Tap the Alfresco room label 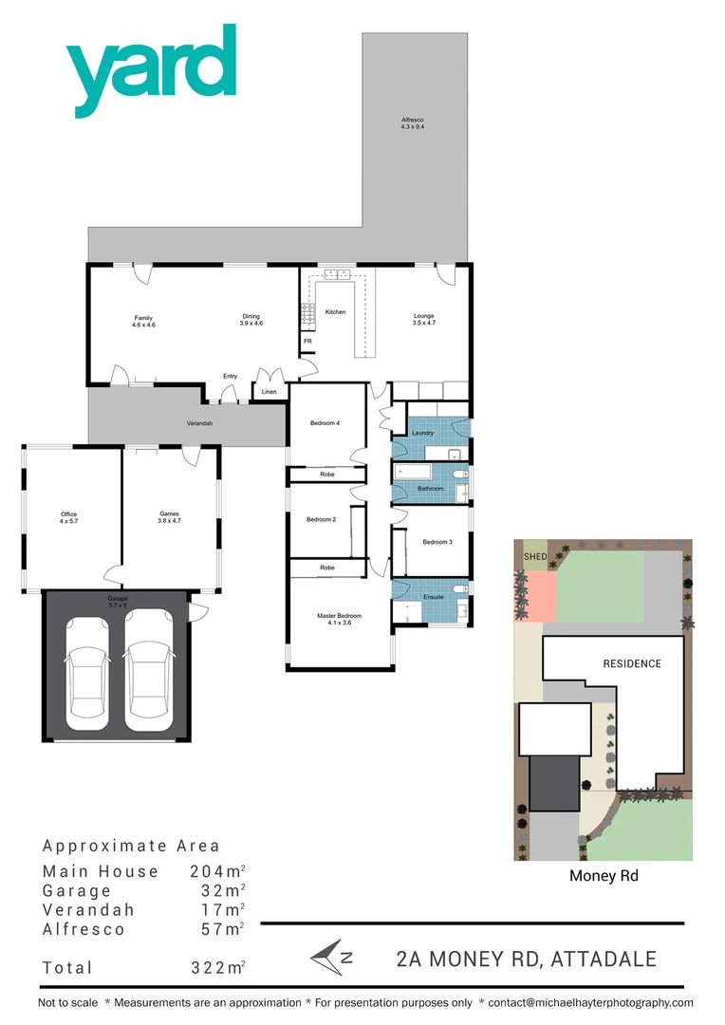411,122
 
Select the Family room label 143,321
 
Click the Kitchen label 335,311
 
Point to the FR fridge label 307,341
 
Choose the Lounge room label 423,319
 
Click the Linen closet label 270,391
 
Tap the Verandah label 198,423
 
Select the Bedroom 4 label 325,423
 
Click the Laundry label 422,433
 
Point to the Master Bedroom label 339,620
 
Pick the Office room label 69,518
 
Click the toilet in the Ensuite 459,589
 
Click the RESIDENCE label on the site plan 632,663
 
